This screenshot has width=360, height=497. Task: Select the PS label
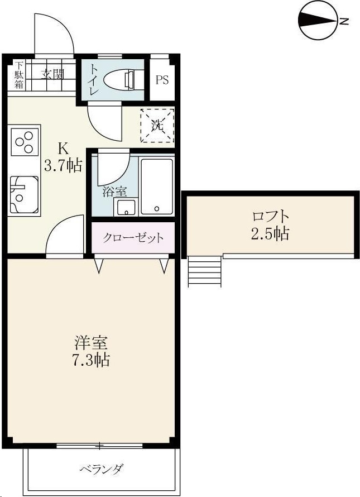162,80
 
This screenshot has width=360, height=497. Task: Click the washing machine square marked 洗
157,125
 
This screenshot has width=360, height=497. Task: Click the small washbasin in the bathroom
124,208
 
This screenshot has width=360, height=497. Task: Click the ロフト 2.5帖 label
270,224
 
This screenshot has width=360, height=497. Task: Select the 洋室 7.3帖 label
91,351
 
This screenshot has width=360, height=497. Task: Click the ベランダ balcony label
100,469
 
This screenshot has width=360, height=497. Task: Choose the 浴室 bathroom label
114,191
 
